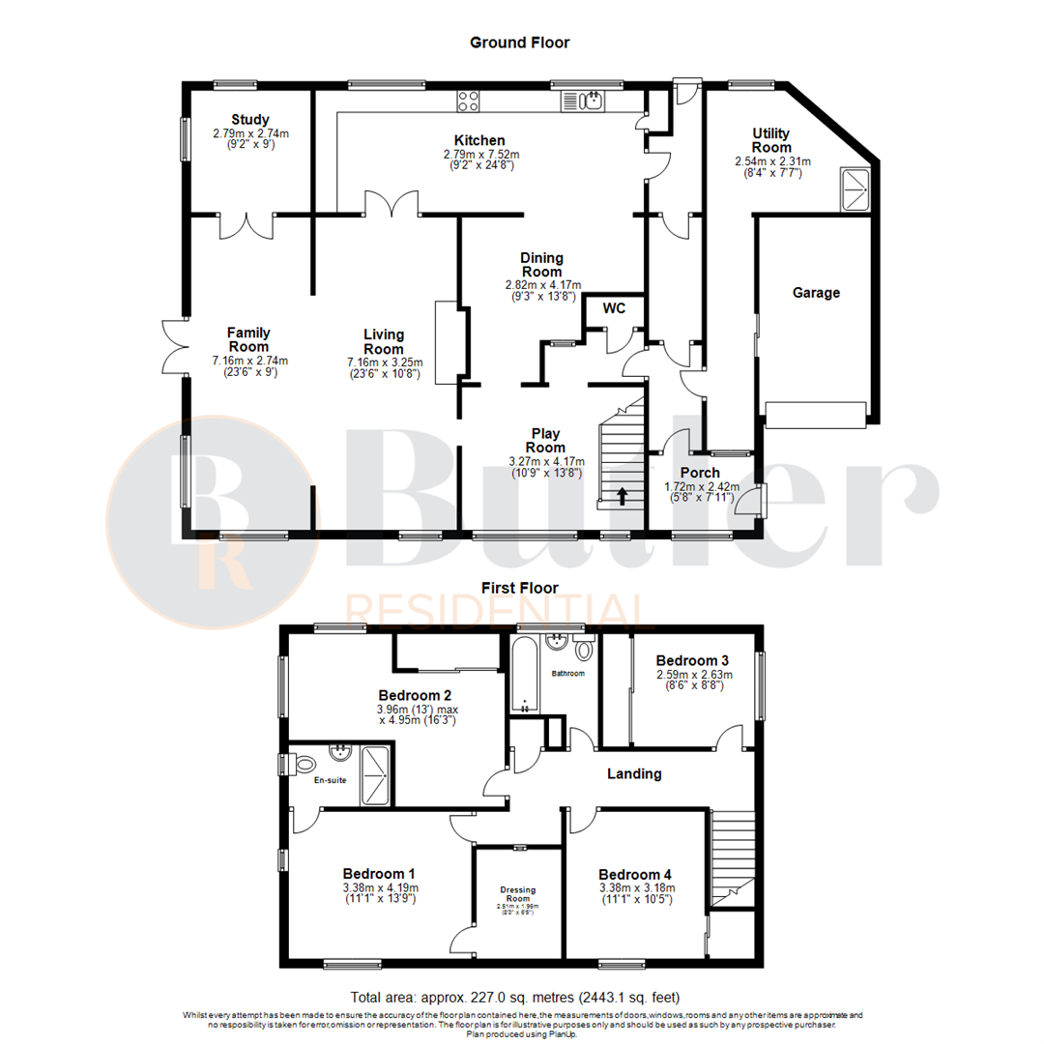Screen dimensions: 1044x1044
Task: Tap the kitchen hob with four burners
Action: [x=469, y=100]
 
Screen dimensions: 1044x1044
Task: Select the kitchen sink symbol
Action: [x=584, y=101]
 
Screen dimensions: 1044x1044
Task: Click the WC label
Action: [x=615, y=309]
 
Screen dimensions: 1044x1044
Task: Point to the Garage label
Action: [x=816, y=292]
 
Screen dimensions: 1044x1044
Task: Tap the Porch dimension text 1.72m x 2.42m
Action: [x=702, y=486]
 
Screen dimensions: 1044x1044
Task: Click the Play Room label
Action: [x=545, y=441]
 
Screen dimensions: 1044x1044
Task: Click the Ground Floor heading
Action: [x=519, y=43]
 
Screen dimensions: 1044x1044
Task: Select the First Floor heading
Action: [x=519, y=587]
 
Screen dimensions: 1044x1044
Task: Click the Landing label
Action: [x=634, y=773]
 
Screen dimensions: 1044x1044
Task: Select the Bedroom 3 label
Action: [x=694, y=659]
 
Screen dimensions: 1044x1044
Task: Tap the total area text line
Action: [x=521, y=997]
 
